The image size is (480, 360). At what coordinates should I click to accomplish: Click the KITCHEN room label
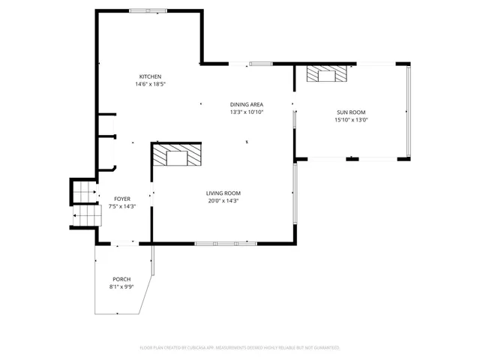150,76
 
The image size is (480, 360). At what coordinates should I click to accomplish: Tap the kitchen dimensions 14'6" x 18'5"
150,84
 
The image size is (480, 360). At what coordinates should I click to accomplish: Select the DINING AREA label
247,104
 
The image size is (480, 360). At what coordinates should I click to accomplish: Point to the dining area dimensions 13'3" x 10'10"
247,112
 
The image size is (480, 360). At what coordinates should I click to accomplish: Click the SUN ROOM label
350,112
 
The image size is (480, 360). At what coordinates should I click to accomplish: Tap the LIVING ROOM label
223,193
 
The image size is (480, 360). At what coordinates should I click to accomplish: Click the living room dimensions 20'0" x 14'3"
223,200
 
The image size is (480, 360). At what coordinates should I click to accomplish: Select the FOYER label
122,199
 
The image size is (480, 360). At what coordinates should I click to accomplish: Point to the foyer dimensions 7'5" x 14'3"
122,206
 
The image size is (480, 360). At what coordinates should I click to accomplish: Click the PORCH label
121,279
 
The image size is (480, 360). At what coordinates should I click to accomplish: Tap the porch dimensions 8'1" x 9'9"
121,286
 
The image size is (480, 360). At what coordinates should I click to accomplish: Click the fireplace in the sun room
328,73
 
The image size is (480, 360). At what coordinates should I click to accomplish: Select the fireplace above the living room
177,157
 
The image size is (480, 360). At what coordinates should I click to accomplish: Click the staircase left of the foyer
85,203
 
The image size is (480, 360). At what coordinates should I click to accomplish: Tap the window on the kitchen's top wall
148,10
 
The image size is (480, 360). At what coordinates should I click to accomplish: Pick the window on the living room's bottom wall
225,243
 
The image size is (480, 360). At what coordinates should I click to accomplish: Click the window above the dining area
261,64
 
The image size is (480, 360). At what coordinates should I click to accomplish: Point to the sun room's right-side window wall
409,112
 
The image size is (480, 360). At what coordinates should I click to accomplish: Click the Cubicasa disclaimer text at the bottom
240,348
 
